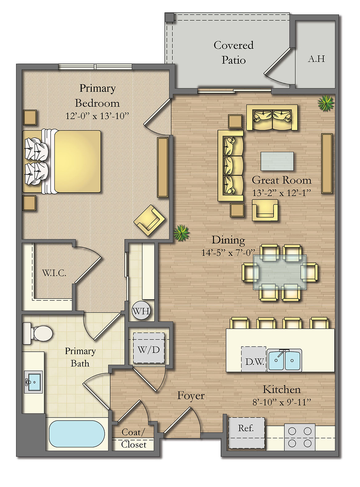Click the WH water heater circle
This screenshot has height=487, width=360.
point(141,311)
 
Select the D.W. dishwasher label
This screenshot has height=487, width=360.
point(254,362)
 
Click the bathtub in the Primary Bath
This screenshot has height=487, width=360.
point(77,434)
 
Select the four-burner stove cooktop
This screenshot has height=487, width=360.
point(300,437)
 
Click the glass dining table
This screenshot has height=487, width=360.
point(280,272)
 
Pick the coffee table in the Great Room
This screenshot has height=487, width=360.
point(277,161)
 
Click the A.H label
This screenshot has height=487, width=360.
point(316,59)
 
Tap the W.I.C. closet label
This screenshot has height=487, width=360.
point(54,273)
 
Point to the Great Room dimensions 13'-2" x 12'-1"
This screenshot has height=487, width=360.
point(282,193)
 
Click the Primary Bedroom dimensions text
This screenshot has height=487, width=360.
point(97,116)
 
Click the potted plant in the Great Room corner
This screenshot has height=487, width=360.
point(326,103)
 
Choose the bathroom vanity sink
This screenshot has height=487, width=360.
point(34,382)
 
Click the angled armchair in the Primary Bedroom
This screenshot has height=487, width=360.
point(150,220)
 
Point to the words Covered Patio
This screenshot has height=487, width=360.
point(234,53)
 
